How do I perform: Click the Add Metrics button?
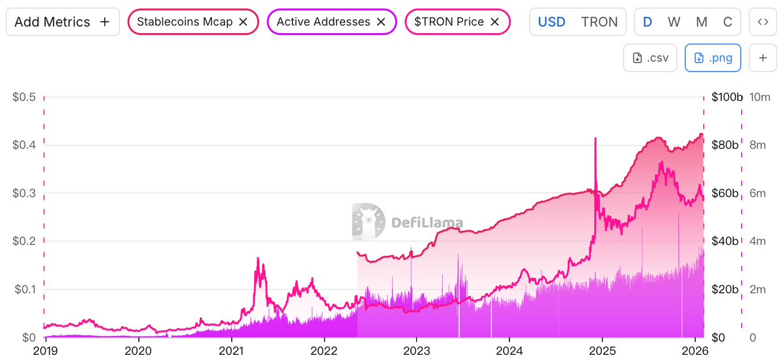[x=62, y=21]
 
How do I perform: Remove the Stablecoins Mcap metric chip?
[x=243, y=21]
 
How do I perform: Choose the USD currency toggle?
[x=551, y=21]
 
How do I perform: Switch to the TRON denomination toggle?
[x=599, y=21]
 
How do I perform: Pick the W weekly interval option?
[x=674, y=21]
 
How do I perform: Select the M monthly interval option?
[x=702, y=21]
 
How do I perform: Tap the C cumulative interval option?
[x=728, y=21]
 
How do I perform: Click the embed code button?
[x=762, y=21]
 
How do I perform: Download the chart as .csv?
[x=651, y=58]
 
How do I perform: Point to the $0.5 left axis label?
[x=24, y=97]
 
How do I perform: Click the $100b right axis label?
[x=726, y=97]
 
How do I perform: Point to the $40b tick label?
[x=724, y=242]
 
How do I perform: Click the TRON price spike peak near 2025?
[x=595, y=139]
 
